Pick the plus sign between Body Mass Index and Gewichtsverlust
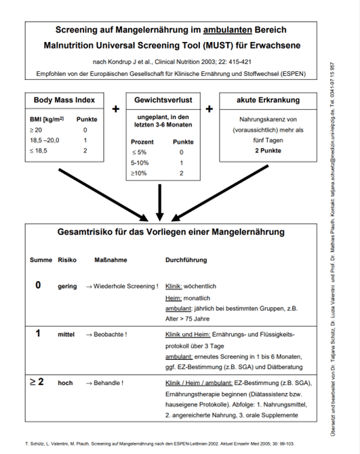point(115,108)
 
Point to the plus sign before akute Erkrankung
point(209,108)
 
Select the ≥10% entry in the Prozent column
point(140,173)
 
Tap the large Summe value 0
point(39,285)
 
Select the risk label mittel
point(66,334)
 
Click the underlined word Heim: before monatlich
point(174,297)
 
